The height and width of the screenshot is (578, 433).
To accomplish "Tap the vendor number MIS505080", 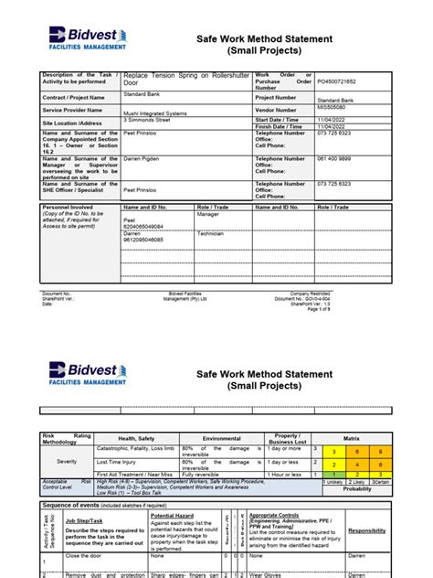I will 334,106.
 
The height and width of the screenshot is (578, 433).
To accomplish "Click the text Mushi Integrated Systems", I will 155,108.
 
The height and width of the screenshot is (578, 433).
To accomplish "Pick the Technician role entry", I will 211,233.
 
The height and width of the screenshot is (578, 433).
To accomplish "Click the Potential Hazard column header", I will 174,516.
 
